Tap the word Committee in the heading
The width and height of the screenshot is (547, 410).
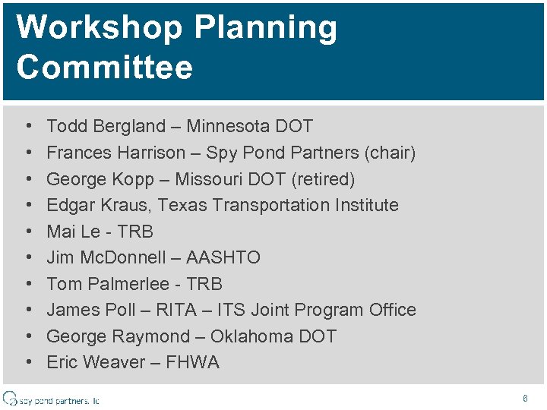[105, 67]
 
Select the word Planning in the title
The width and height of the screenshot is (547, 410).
[266, 28]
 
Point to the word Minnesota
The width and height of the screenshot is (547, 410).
[229, 126]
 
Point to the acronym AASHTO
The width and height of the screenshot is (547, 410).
[223, 257]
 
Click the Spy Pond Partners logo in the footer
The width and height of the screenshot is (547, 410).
[51, 399]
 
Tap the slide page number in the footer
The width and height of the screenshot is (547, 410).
[525, 398]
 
